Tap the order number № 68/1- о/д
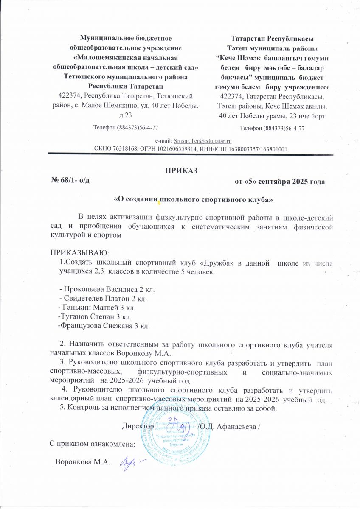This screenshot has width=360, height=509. coord(70,181)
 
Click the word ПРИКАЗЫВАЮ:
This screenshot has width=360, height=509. coord(74,253)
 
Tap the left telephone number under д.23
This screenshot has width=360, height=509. coord(126,127)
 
